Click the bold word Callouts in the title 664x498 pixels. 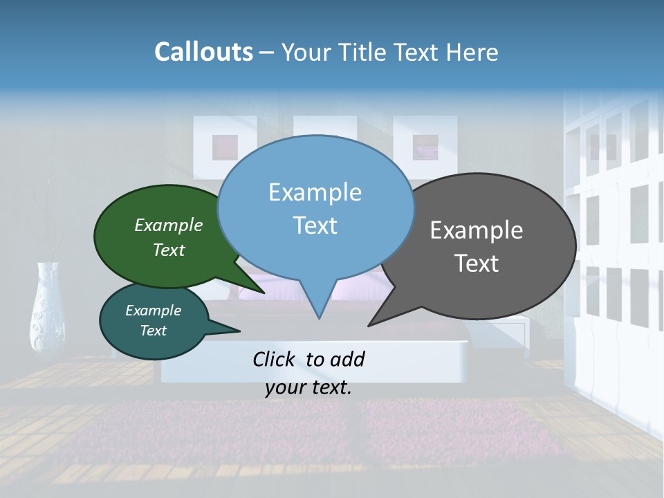(203, 52)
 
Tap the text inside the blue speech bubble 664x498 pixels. (315, 208)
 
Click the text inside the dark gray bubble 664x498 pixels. (477, 246)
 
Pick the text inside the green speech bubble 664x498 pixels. (169, 237)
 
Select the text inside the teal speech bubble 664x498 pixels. (153, 320)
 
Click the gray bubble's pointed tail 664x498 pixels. (373, 322)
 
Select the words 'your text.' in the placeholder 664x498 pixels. (308, 387)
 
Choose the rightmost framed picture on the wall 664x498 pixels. (425, 146)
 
